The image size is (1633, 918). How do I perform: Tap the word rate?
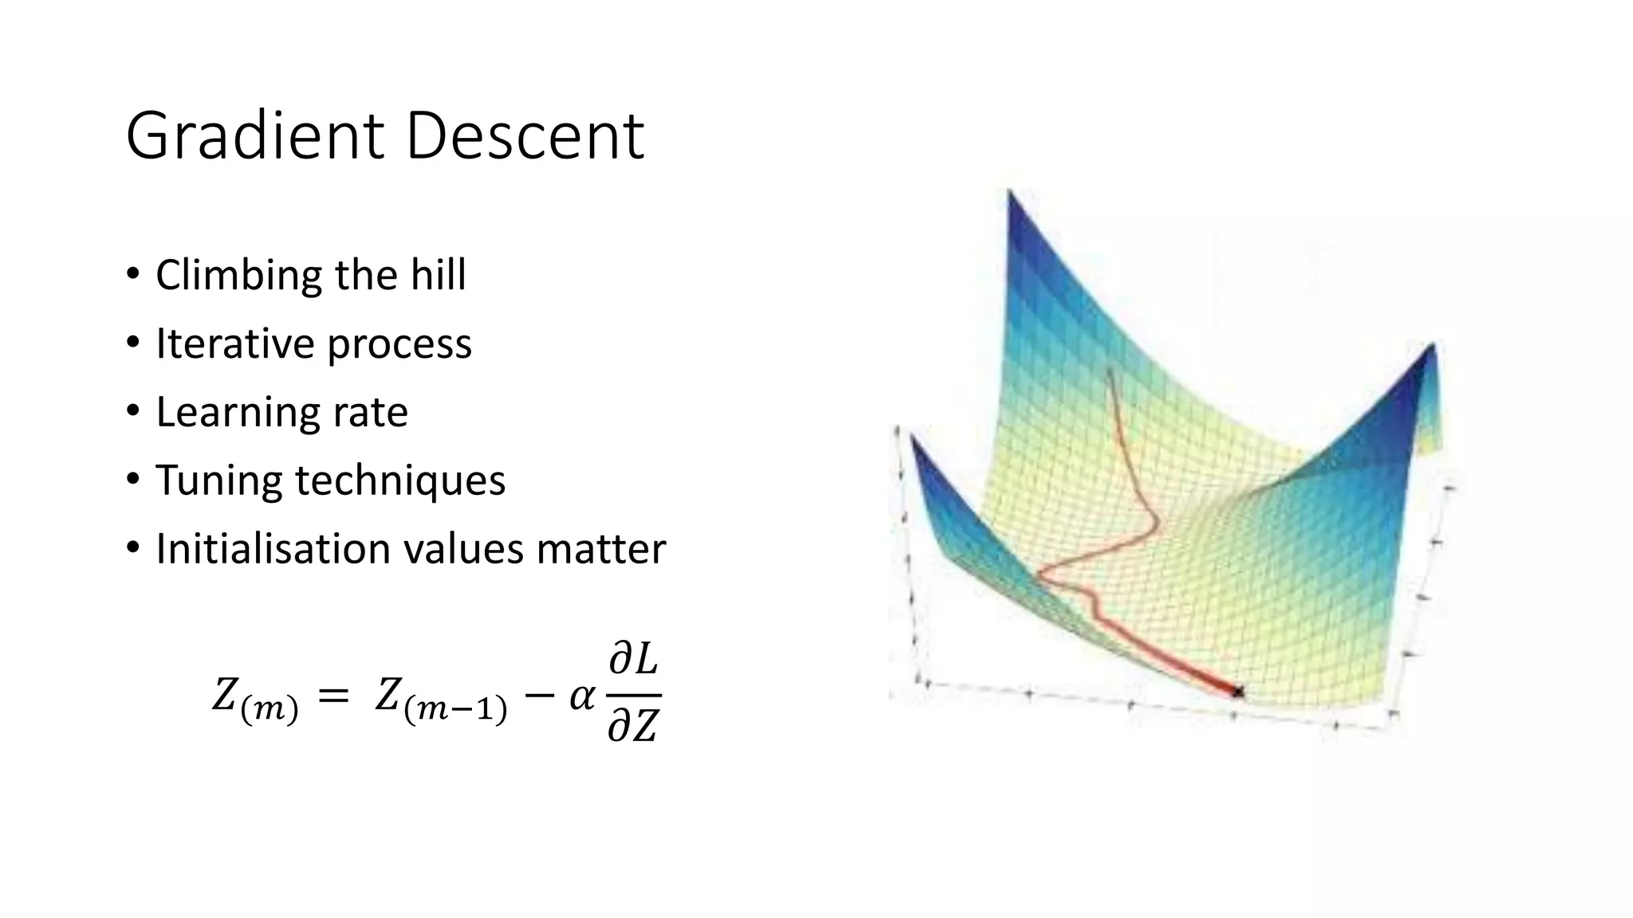click(371, 413)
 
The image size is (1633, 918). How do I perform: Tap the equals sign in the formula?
click(333, 696)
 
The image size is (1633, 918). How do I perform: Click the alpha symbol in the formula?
click(581, 697)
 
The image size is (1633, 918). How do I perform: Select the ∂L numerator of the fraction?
click(634, 661)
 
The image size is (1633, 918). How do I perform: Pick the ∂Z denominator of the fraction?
click(633, 725)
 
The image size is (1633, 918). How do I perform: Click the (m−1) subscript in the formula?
click(455, 709)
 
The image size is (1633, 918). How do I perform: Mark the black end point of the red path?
click(1237, 692)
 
